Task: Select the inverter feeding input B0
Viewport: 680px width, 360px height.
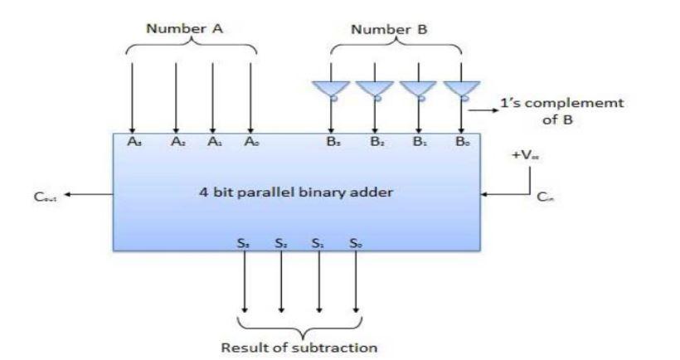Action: coord(459,87)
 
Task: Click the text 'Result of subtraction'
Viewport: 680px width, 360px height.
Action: coord(300,346)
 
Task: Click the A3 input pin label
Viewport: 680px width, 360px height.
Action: coord(134,143)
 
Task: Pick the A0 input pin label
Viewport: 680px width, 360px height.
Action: coord(250,143)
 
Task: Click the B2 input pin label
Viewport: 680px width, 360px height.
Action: coord(375,143)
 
